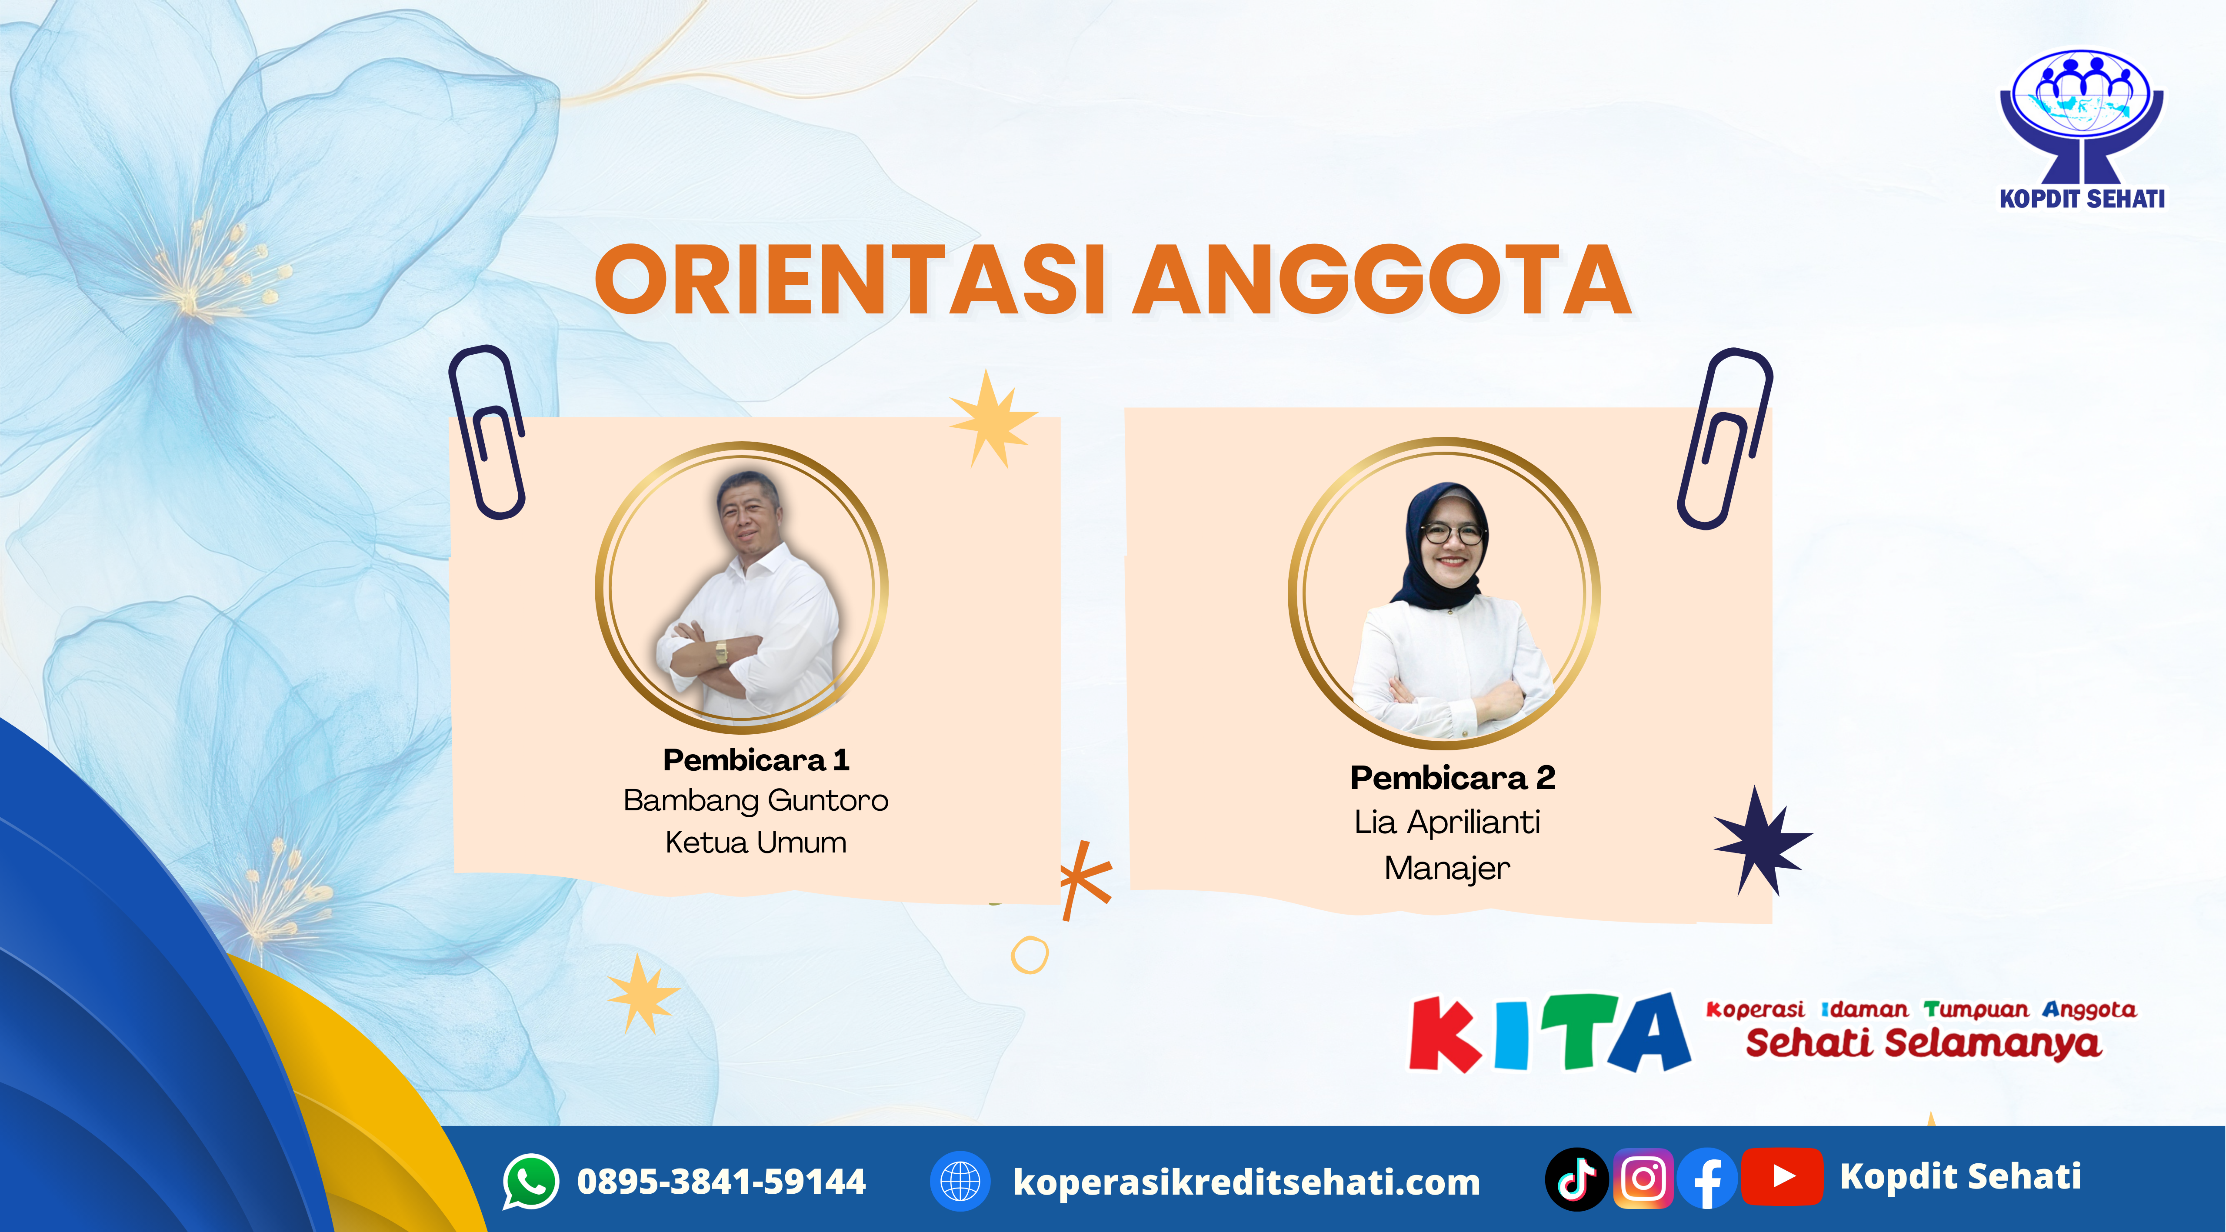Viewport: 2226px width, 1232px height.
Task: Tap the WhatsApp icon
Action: (530, 1181)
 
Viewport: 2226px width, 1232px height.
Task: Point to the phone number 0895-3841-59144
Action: (721, 1181)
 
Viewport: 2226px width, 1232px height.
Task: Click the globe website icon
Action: (959, 1181)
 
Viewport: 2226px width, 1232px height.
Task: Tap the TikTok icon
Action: (1576, 1179)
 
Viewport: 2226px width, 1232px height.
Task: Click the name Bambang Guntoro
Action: (755, 801)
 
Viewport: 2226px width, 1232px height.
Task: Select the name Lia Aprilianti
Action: (1447, 822)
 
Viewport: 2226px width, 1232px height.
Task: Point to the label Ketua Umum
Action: (755, 842)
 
